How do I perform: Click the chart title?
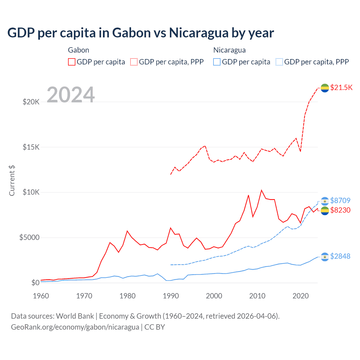click(x=141, y=33)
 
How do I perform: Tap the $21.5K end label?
click(x=341, y=87)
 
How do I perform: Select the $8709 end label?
click(x=340, y=201)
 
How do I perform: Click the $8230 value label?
click(x=340, y=210)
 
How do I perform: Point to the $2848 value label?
click(x=340, y=256)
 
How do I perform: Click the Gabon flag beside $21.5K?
click(x=325, y=88)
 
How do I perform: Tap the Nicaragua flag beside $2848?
click(x=325, y=256)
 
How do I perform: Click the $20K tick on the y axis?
click(x=31, y=102)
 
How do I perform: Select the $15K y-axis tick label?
click(x=31, y=147)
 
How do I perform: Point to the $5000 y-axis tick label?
click(x=29, y=238)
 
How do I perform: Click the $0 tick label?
click(x=35, y=283)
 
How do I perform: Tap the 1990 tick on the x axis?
click(x=171, y=296)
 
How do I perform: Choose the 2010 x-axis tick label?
click(x=257, y=296)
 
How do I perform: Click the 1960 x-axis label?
click(x=41, y=296)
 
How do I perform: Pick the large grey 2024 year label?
click(x=71, y=95)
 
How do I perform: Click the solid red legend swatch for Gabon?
click(x=72, y=62)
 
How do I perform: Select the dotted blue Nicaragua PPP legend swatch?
click(x=279, y=62)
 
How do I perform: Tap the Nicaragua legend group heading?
click(x=229, y=50)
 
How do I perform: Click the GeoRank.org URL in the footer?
click(x=75, y=327)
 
